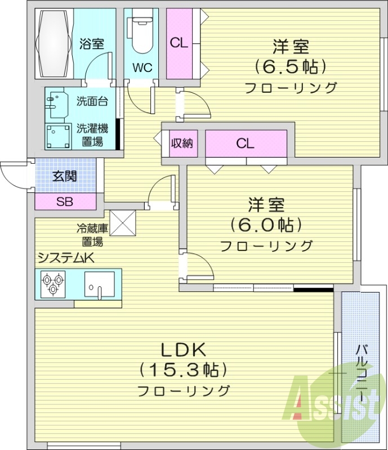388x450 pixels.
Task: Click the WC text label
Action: [142, 68]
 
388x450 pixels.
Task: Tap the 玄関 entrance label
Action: [65, 176]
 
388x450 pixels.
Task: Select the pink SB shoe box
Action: [65, 201]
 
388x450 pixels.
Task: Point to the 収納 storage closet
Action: [182, 143]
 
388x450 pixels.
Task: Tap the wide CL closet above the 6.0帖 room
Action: [246, 143]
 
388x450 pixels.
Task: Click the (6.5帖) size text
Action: [291, 67]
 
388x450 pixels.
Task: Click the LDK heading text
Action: [182, 349]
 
